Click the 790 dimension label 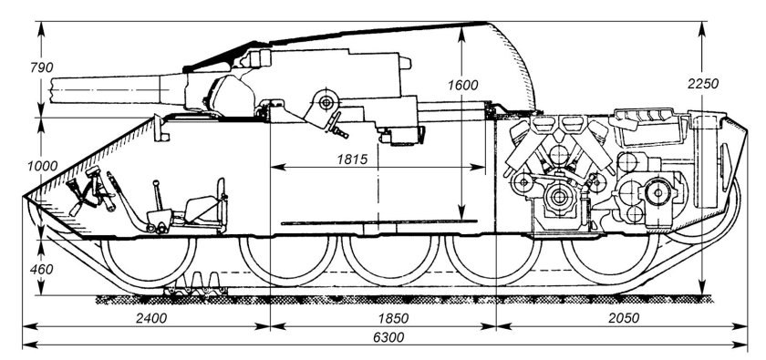16,67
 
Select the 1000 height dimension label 16,165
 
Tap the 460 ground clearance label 16,269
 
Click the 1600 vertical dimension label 463,85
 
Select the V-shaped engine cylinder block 558,146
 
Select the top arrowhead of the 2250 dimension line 702,24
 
